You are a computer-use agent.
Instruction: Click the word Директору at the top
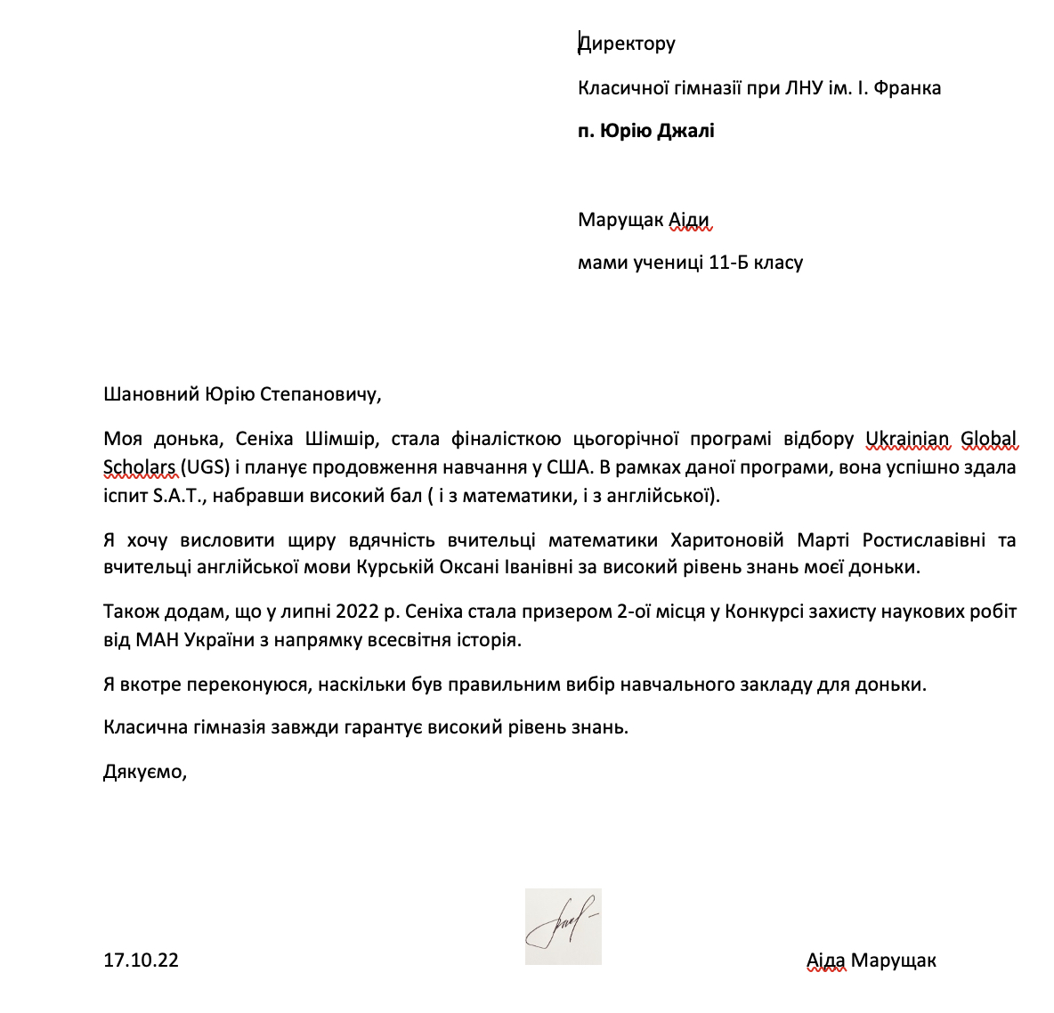[627, 43]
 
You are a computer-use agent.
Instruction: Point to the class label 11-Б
[729, 263]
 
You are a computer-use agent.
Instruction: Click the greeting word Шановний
[151, 394]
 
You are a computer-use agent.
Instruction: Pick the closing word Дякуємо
[144, 771]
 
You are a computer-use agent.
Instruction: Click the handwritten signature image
[563, 927]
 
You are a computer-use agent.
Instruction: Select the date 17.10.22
[141, 960]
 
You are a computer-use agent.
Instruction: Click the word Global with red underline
[988, 439]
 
